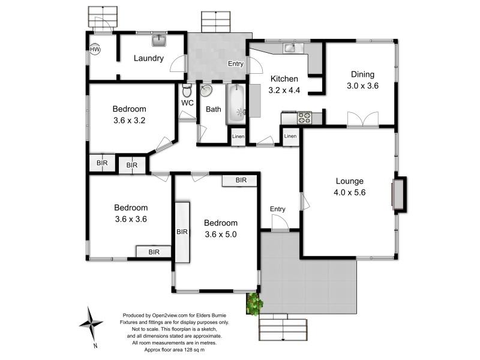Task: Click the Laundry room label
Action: point(149,58)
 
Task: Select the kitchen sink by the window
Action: point(289,47)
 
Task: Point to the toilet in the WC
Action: point(187,92)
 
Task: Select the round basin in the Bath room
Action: point(206,91)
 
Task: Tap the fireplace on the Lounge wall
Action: point(398,194)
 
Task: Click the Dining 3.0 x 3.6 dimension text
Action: point(362,86)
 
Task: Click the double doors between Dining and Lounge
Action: point(363,119)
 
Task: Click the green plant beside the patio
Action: point(254,303)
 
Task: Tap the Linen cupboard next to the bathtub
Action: point(238,137)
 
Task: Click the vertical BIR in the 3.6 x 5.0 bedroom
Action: point(182,232)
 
